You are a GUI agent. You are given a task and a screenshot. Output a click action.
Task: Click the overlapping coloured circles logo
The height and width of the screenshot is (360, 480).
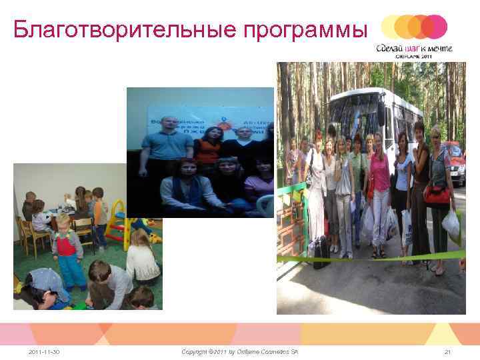click(414, 27)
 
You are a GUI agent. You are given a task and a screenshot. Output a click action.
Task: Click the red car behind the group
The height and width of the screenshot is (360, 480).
click(456, 157)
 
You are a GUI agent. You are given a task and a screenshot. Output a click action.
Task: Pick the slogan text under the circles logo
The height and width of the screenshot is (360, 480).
click(414, 48)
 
